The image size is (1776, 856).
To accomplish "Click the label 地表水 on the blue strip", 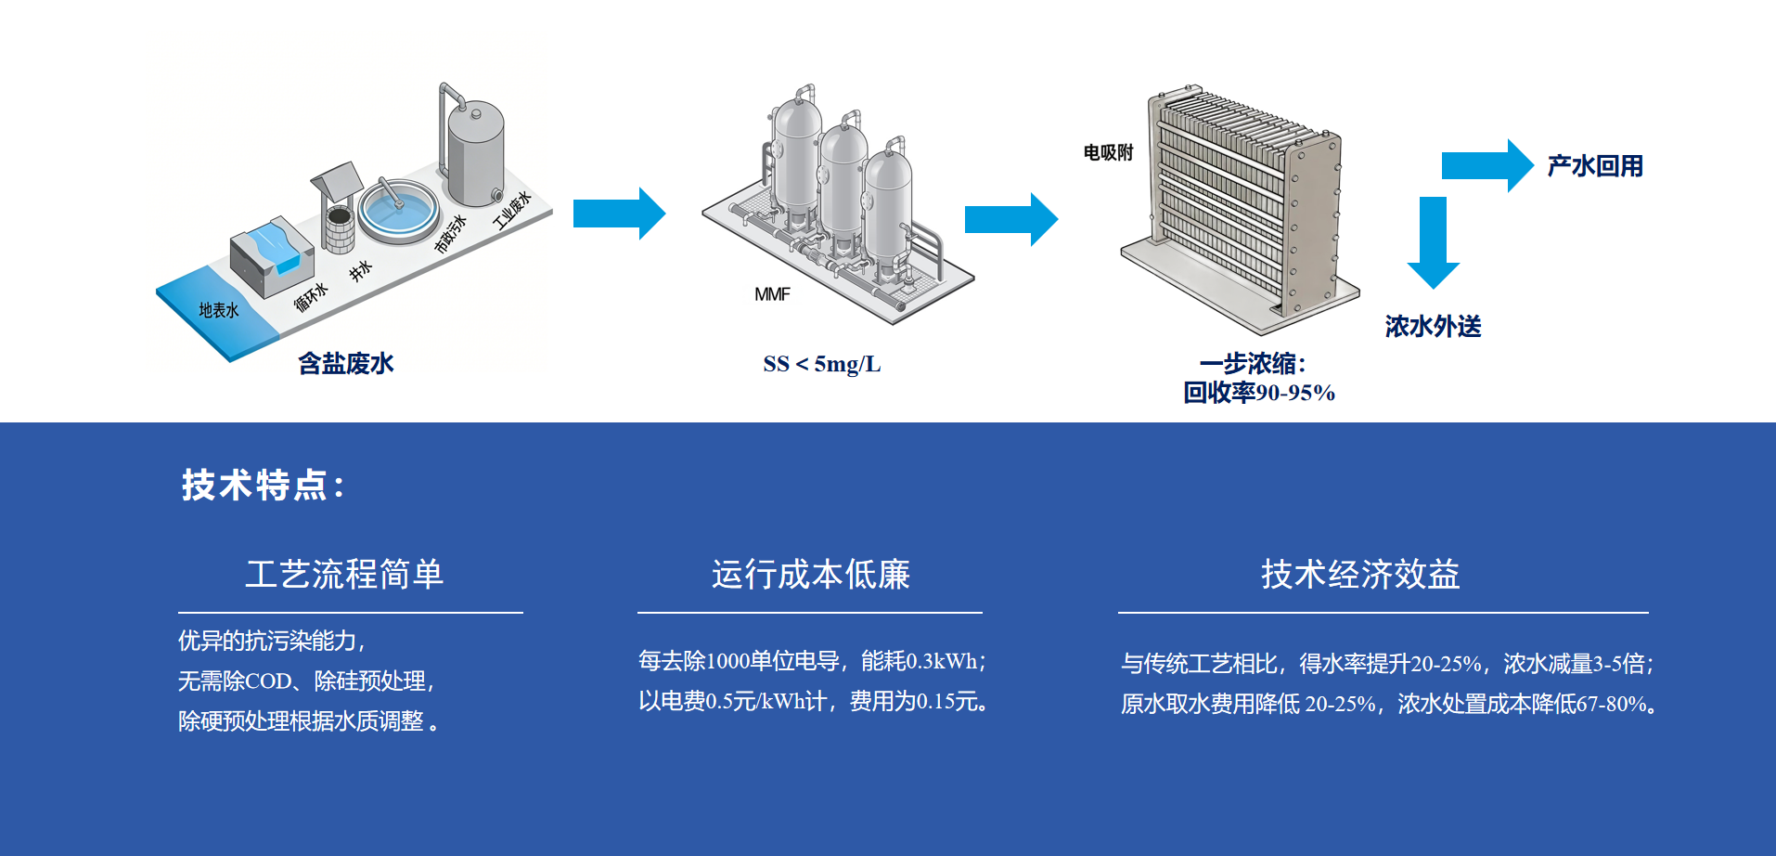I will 219,310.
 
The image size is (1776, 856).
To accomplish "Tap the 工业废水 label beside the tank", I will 511,212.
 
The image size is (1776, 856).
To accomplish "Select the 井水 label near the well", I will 360,270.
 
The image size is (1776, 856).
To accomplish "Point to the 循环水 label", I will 311,297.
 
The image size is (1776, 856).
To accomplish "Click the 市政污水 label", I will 451,234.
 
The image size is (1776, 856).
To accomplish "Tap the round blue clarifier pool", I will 398,209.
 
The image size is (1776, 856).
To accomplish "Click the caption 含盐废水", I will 345,363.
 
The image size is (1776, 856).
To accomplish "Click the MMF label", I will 772,294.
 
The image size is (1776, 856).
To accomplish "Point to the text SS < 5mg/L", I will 821,364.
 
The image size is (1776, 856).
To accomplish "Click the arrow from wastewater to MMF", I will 619,214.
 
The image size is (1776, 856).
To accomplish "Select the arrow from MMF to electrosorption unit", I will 1010,219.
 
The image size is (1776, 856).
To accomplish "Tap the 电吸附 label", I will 1108,152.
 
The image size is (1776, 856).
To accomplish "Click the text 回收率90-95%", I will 1258,393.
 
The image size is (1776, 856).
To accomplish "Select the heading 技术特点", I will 263,485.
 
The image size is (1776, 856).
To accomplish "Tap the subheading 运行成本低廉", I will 810,575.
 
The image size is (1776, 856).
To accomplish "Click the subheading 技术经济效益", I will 1360,575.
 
